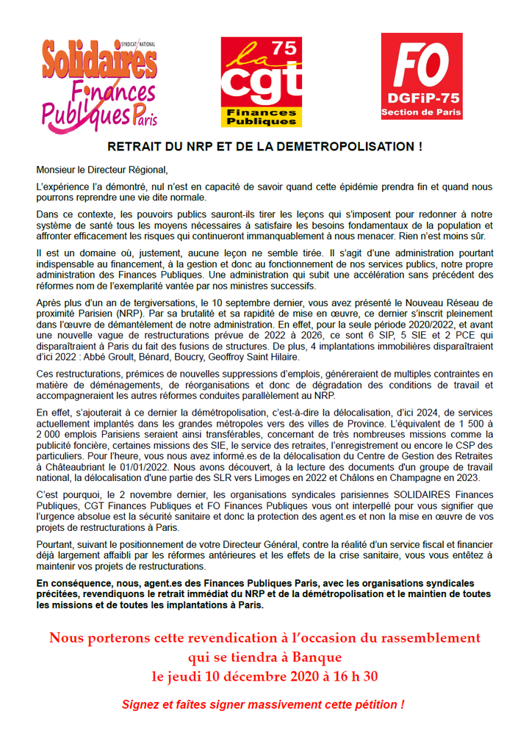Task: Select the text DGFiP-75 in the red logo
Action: (421, 99)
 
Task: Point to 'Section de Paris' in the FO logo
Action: (421, 112)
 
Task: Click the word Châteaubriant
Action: (71, 465)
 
